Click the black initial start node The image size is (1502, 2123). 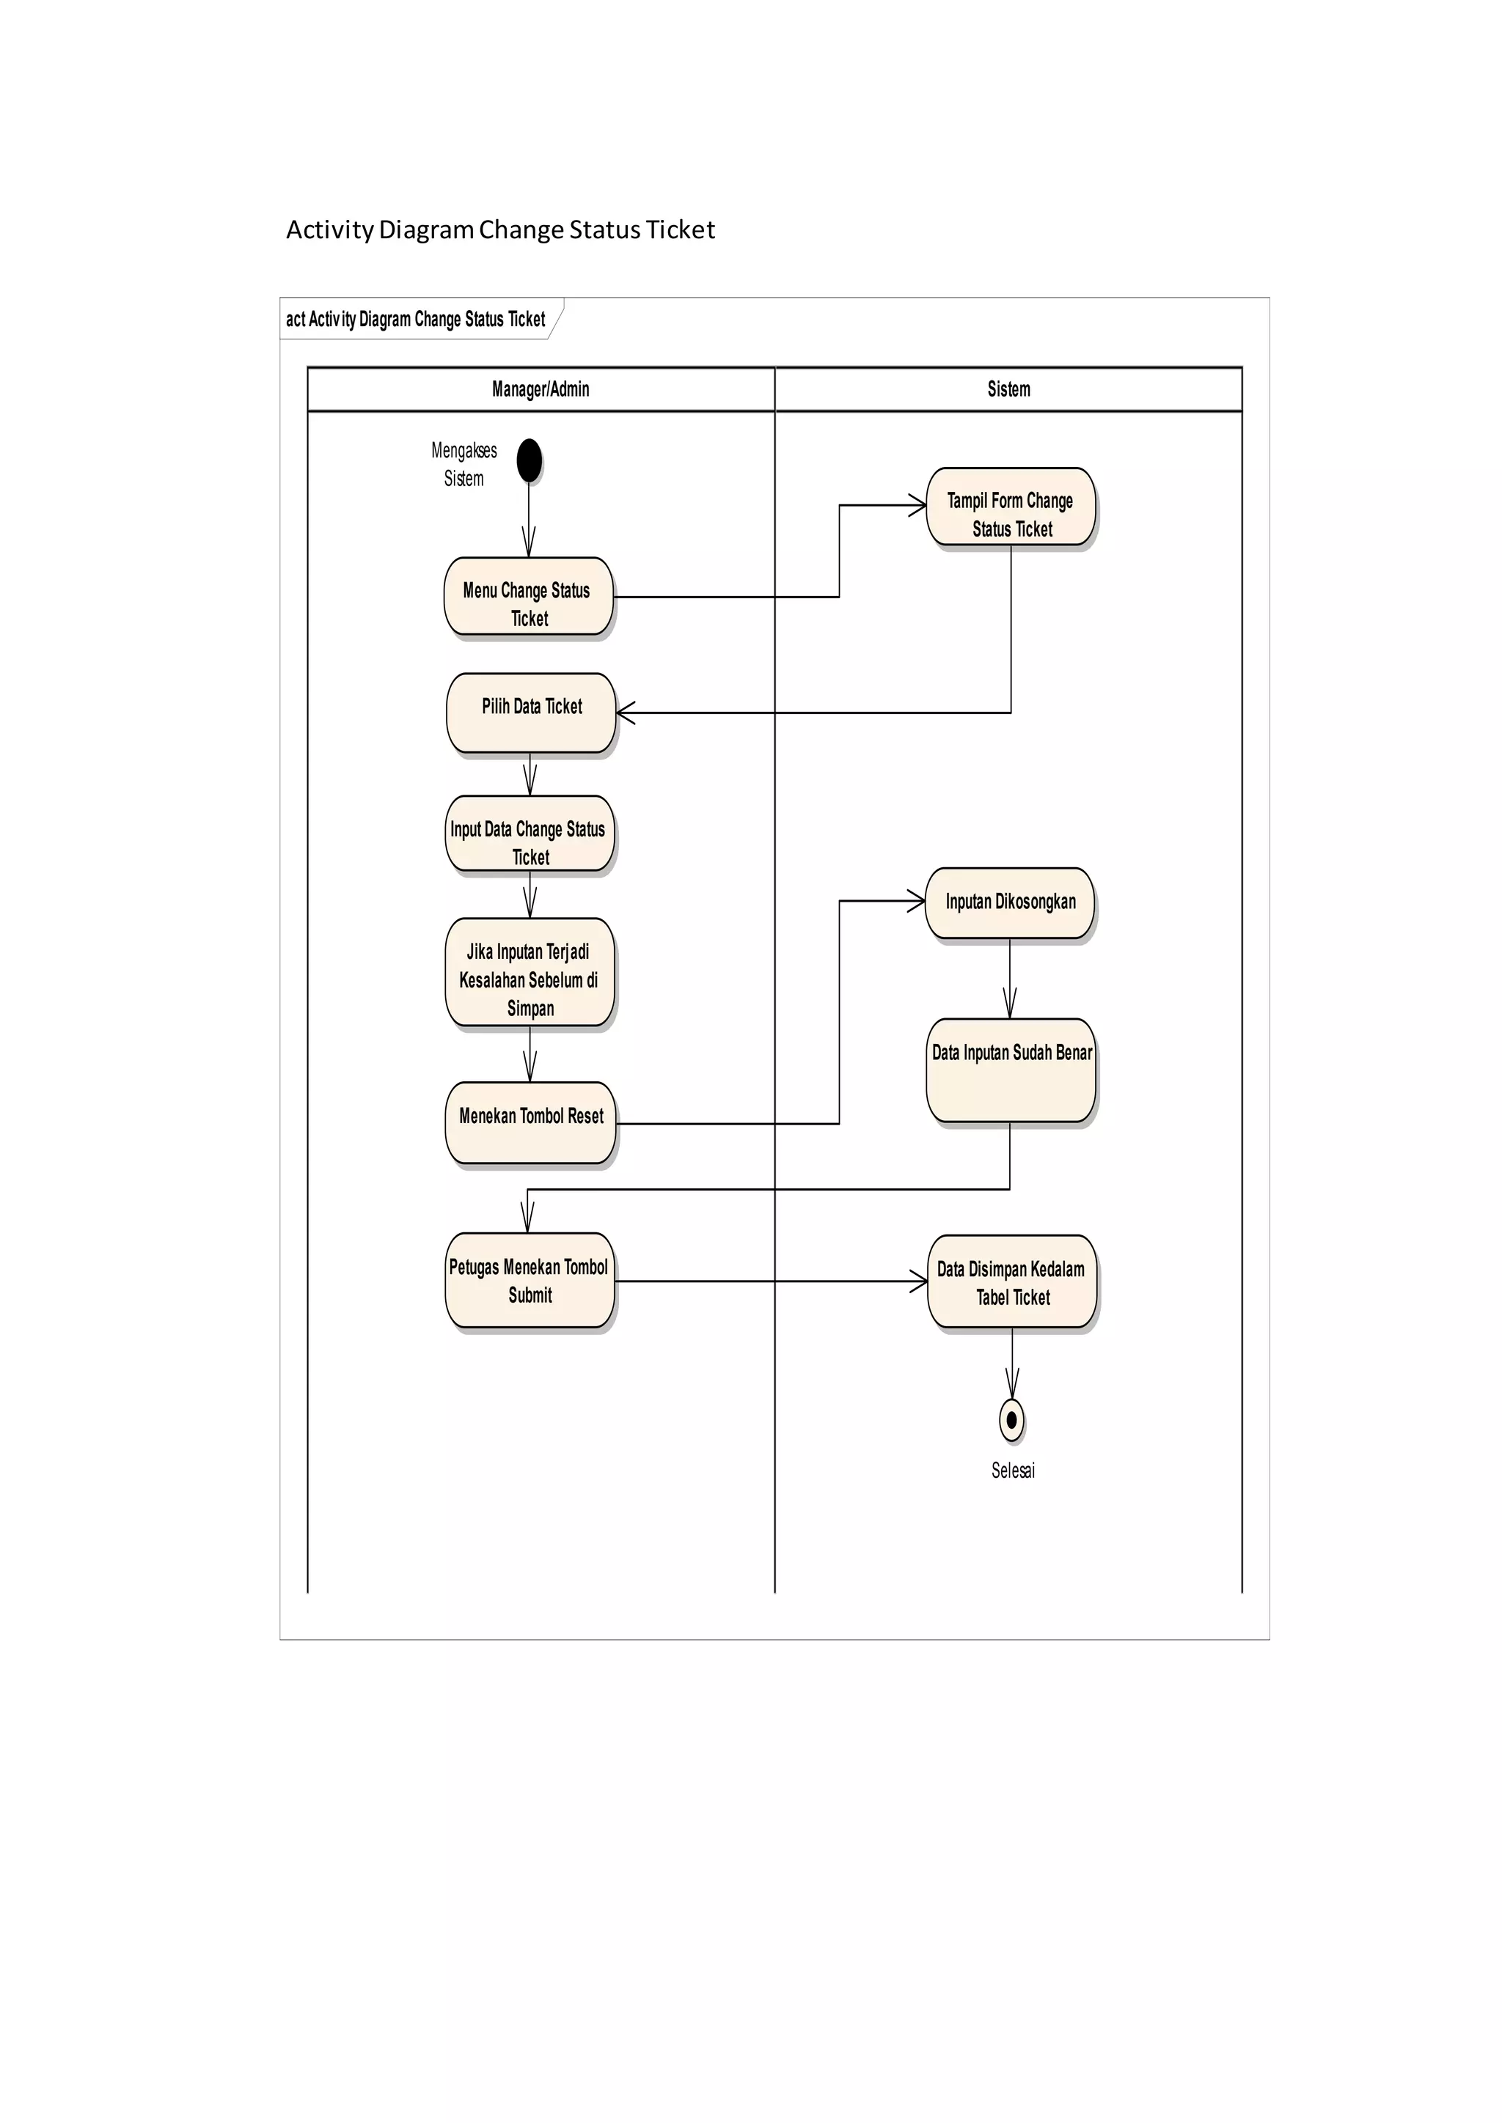click(x=529, y=460)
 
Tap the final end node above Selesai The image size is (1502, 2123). click(x=1012, y=1419)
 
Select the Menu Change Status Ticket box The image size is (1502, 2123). click(x=528, y=597)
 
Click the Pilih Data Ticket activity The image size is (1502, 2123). click(x=531, y=712)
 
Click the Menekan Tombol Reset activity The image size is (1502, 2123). click(x=530, y=1122)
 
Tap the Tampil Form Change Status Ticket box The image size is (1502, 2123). click(x=1010, y=507)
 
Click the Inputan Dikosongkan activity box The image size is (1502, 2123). click(x=1009, y=902)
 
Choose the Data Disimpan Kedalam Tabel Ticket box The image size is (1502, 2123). click(x=1012, y=1281)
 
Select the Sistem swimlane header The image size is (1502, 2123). click(x=1008, y=389)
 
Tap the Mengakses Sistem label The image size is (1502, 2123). click(x=464, y=464)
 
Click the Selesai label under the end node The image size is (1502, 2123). click(x=1013, y=1471)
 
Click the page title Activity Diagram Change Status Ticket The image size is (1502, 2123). click(x=500, y=229)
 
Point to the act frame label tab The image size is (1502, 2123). click(x=416, y=319)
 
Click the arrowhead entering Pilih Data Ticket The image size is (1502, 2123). click(x=624, y=713)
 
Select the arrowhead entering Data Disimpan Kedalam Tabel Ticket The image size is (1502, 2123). click(x=920, y=1281)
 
